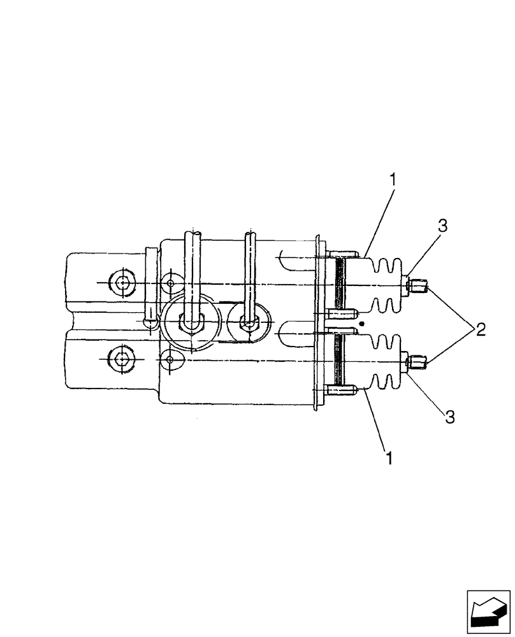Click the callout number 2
tap(479, 329)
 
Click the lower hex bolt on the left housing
tap(122, 359)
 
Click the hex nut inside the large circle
tap(189, 323)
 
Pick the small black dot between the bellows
tap(361, 324)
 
